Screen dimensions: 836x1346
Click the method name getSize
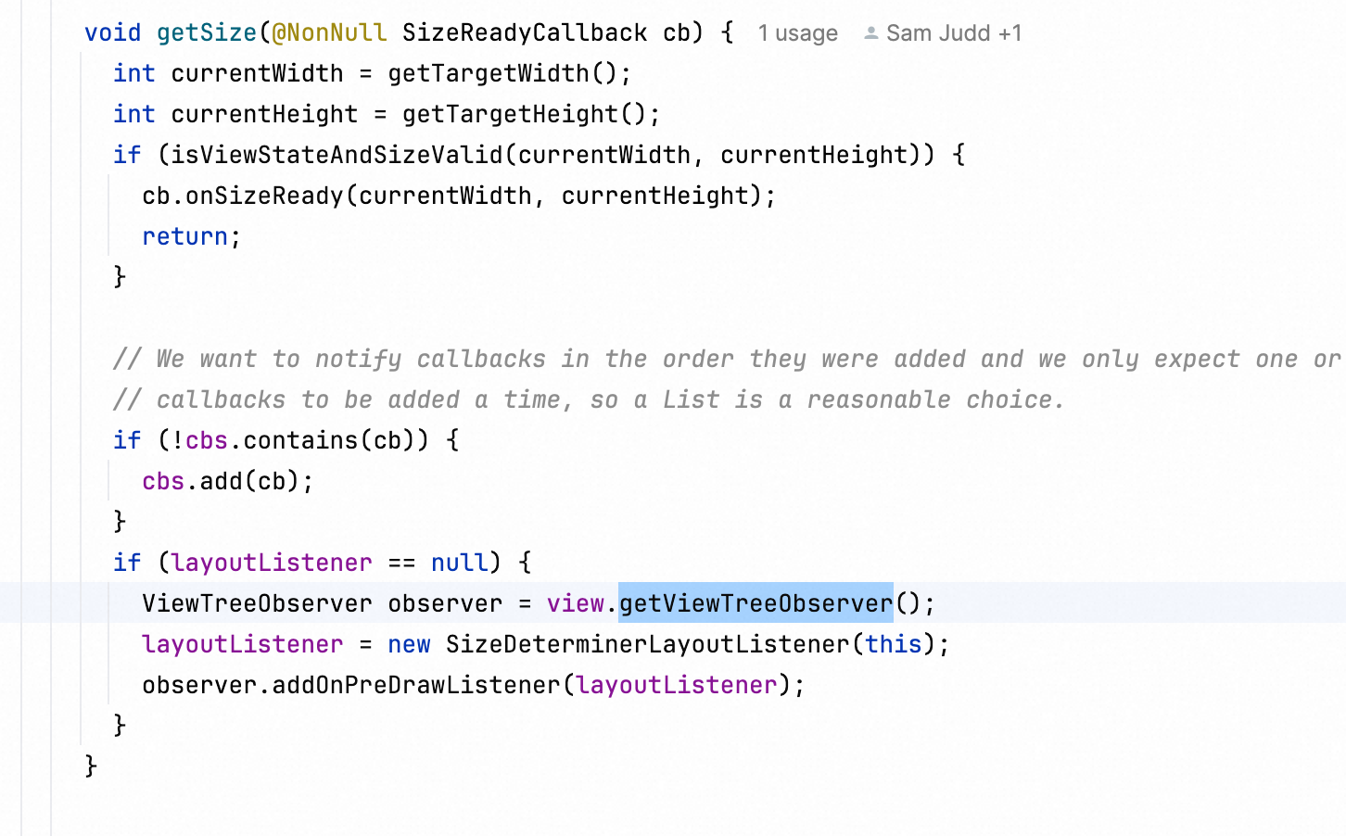(207, 32)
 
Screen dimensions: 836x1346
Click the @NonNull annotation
(329, 32)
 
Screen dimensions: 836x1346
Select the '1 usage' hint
(797, 33)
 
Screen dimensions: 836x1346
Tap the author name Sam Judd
(938, 33)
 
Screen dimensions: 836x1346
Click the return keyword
(184, 236)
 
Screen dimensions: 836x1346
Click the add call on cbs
(222, 481)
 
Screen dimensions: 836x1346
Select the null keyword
(459, 563)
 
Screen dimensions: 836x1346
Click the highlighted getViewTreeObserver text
(756, 603)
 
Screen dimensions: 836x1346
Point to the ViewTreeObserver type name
(257, 603)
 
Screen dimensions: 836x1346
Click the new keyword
(409, 644)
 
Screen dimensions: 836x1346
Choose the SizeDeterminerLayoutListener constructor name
(648, 644)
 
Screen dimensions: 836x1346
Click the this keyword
(894, 644)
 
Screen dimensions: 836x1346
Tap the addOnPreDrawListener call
(416, 685)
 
